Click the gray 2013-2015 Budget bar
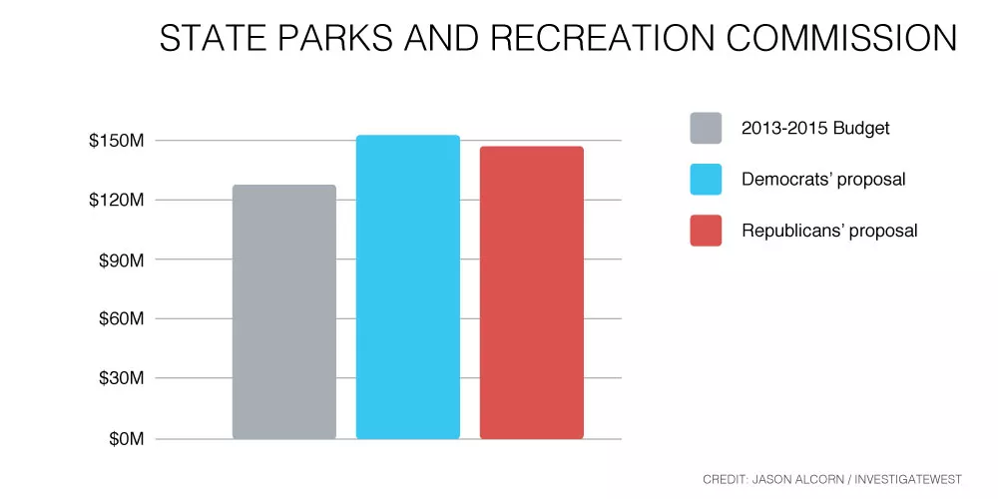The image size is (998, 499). pos(283,311)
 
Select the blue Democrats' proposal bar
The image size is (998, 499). pos(408,287)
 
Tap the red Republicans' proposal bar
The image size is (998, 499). pos(532,292)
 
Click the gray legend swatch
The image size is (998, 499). pos(706,128)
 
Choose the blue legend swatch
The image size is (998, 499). pos(706,179)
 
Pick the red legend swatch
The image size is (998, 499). pos(706,231)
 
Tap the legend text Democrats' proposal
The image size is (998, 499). pos(823,180)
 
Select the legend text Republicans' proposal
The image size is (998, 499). pos(830,231)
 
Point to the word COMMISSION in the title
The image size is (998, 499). pos(842,38)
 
